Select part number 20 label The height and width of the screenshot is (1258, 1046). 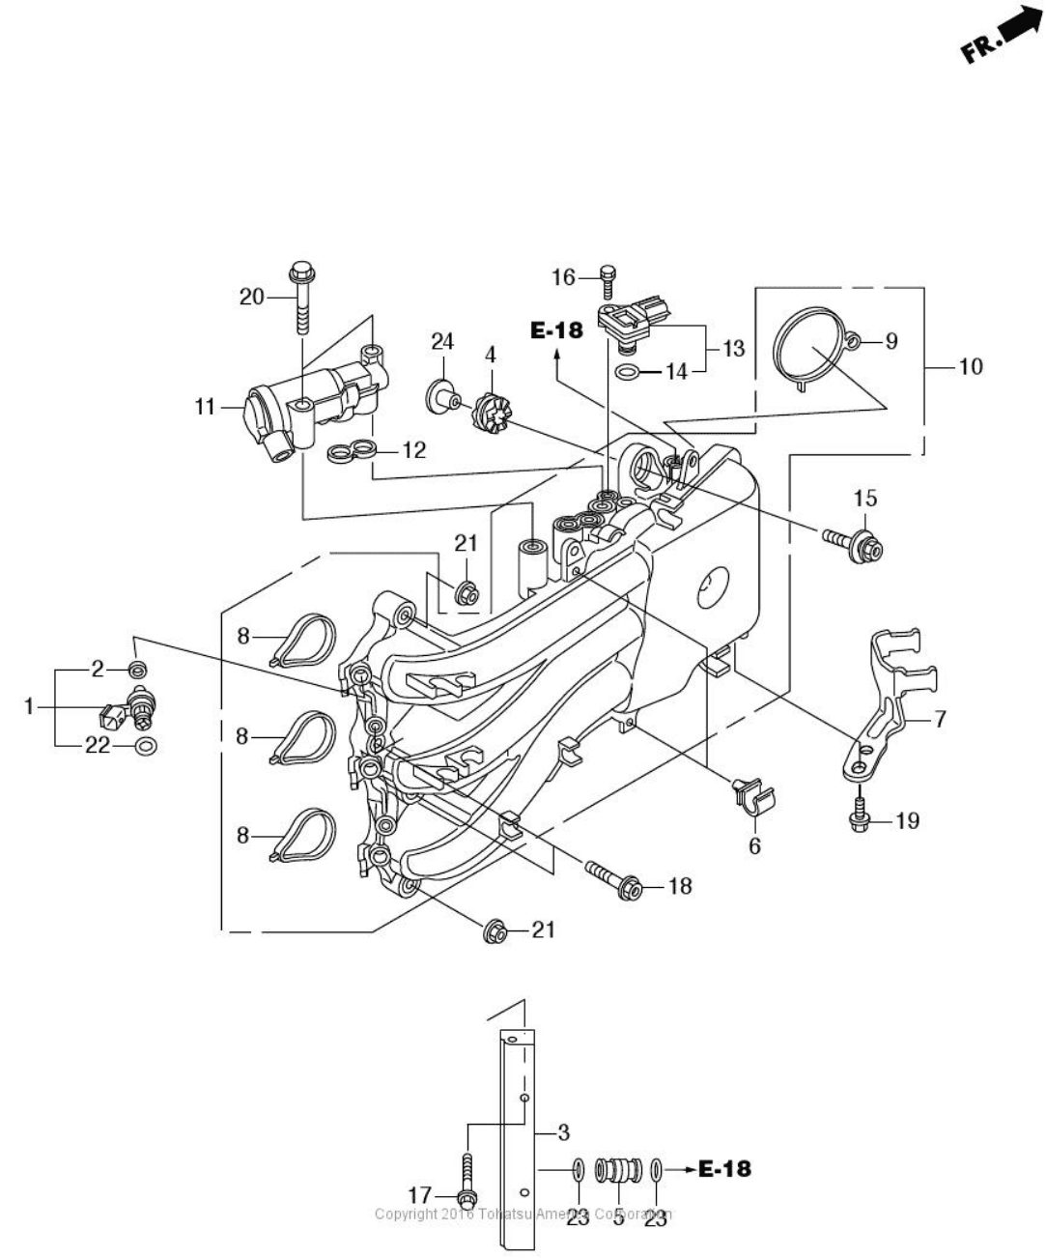[x=251, y=297]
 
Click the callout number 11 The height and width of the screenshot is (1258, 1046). [x=204, y=408]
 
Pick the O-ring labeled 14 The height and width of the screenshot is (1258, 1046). [x=627, y=372]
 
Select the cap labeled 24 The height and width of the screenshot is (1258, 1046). [x=439, y=393]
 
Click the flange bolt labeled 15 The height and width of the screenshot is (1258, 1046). [x=855, y=544]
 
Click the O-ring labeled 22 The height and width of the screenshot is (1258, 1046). [x=146, y=746]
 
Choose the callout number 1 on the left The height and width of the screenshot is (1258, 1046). [x=30, y=707]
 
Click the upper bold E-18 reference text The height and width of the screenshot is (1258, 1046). [x=557, y=330]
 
